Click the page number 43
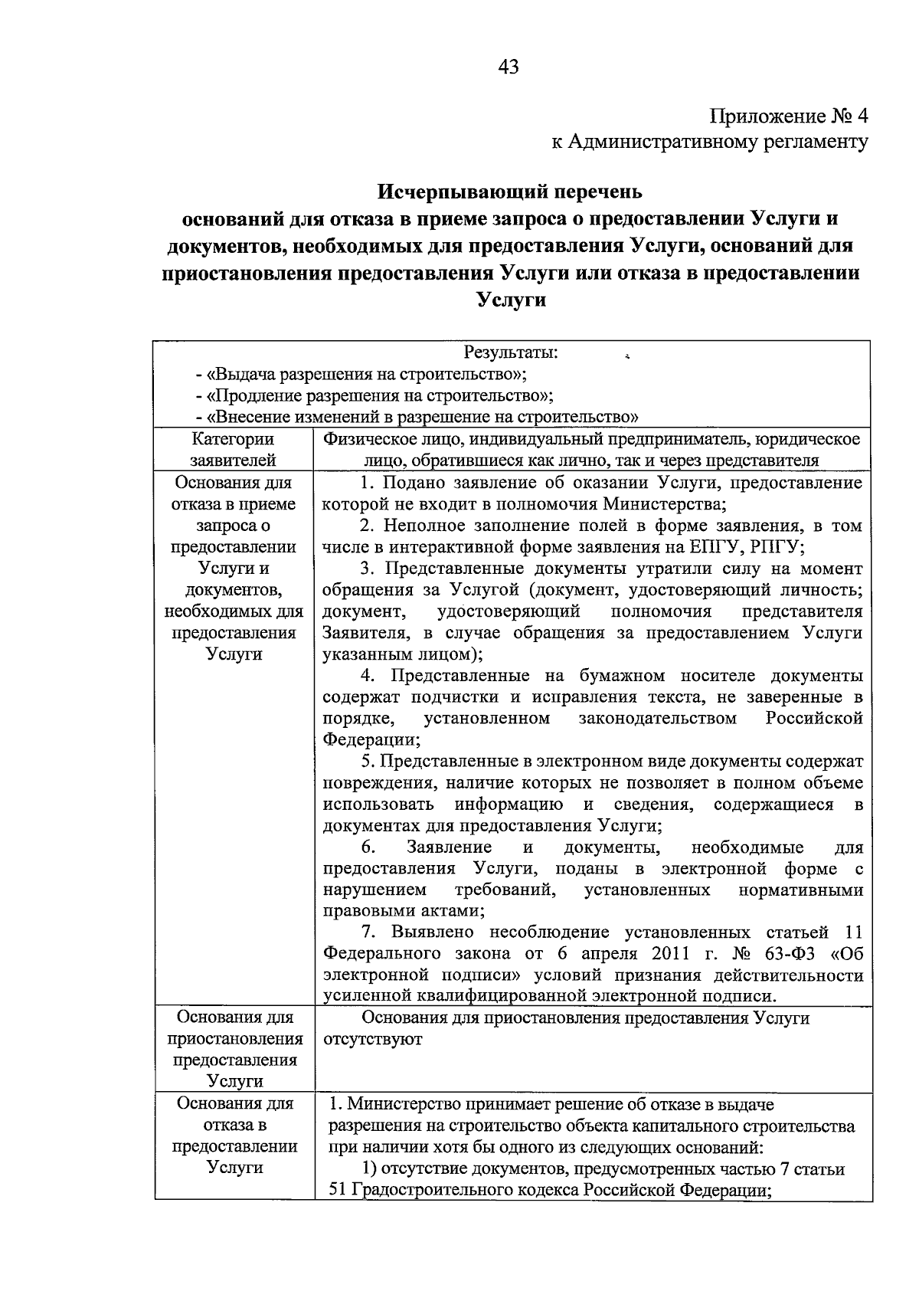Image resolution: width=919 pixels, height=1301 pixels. pyautogui.click(x=509, y=67)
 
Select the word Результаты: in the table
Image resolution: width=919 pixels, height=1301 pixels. pyautogui.click(x=511, y=353)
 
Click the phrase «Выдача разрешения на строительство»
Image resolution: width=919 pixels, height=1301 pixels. pyautogui.click(x=360, y=375)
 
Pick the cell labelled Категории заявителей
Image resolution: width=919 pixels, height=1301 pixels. pyautogui.click(x=233, y=450)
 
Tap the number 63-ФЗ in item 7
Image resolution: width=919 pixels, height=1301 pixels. pyautogui.click(x=792, y=954)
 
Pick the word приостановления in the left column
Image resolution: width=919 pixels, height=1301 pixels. pyautogui.click(x=235, y=1040)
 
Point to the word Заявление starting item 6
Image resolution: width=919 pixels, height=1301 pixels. pyautogui.click(x=450, y=847)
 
